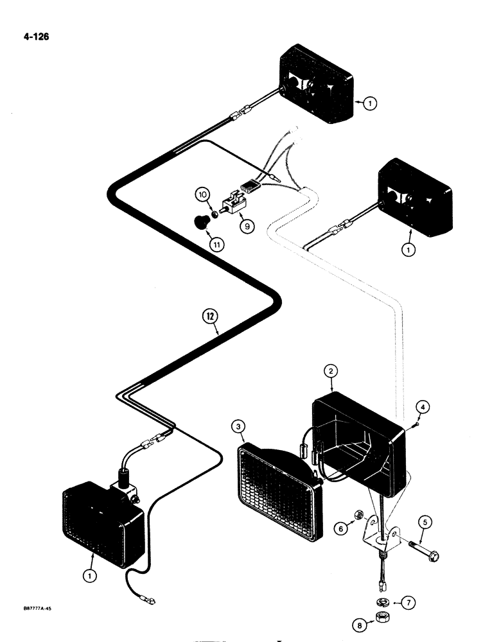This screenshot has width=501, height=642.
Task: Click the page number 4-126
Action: [x=35, y=37]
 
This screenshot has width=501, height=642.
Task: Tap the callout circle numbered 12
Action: [x=209, y=315]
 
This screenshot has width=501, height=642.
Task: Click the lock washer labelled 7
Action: [x=382, y=602]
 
